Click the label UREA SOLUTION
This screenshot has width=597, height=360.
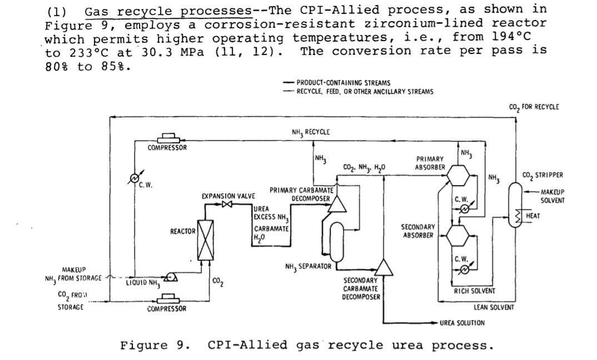pos(461,323)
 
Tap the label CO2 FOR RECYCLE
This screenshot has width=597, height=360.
pos(534,107)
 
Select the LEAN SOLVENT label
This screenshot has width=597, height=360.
pos(494,307)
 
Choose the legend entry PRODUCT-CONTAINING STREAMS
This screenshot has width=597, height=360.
pos(343,83)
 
